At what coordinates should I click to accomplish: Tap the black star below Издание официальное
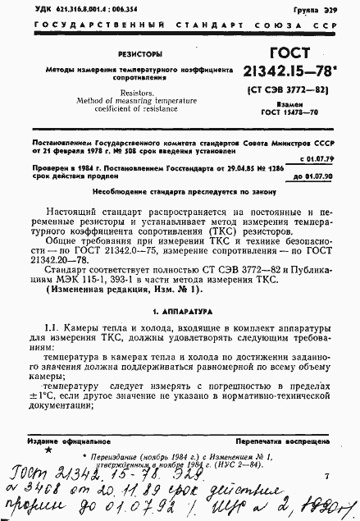point(48,450)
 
